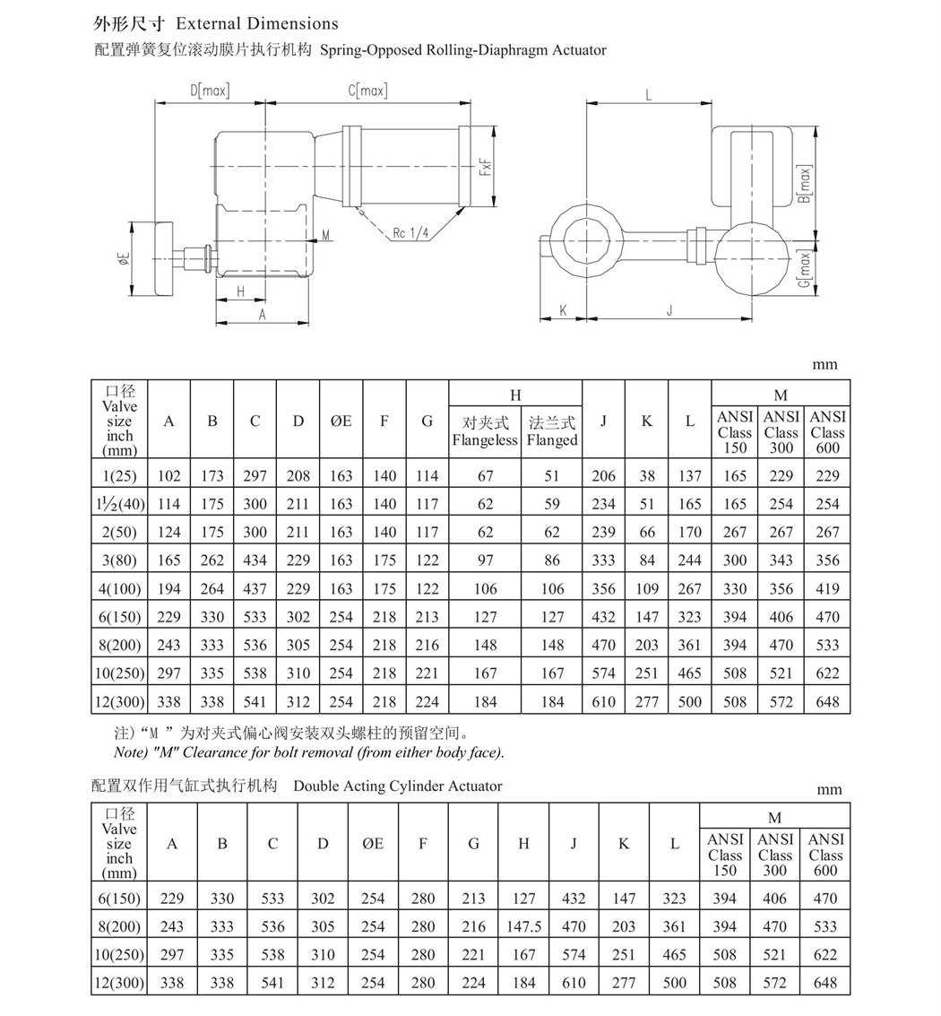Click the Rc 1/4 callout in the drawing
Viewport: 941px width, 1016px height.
(x=411, y=233)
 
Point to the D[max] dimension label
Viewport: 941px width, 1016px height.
(x=210, y=91)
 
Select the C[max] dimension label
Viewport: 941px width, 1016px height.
(x=367, y=91)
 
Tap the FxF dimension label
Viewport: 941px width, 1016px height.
(x=485, y=167)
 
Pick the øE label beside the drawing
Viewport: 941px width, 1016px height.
(x=123, y=258)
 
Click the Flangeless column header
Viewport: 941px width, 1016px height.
(x=485, y=431)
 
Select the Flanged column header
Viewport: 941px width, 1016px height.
(x=552, y=431)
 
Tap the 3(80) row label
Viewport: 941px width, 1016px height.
(x=119, y=560)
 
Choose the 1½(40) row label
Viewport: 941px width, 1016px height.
(x=119, y=504)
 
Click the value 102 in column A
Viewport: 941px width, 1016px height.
(x=168, y=476)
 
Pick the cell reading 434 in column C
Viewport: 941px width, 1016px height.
(x=255, y=560)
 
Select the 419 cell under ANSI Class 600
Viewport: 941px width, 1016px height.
(x=827, y=589)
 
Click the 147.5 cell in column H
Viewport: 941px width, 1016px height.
(x=523, y=927)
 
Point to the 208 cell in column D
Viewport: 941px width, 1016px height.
(x=298, y=476)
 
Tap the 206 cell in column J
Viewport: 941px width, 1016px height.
(x=603, y=476)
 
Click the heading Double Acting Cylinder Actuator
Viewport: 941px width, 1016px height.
(x=398, y=786)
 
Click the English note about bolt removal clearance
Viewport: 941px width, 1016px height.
(x=309, y=752)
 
